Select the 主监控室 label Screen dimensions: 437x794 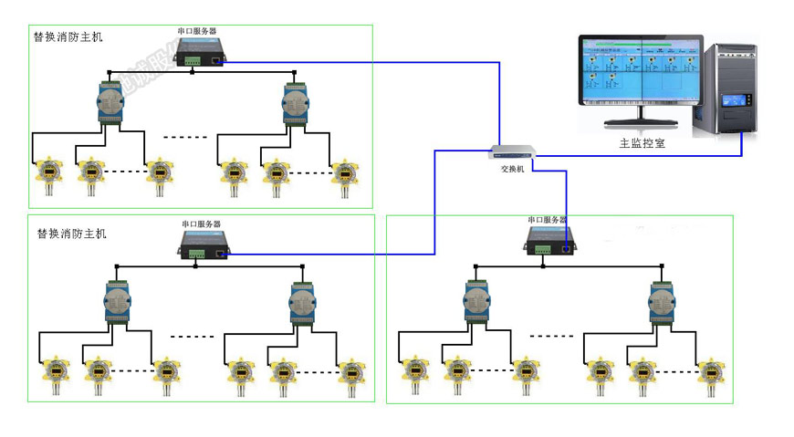click(x=639, y=143)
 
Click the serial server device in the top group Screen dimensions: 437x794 click(x=202, y=51)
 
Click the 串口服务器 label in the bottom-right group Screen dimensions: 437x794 click(x=547, y=221)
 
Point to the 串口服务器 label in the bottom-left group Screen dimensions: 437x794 click(x=201, y=224)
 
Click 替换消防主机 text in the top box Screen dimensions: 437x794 click(x=68, y=37)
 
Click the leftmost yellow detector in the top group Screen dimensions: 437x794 click(x=45, y=172)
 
